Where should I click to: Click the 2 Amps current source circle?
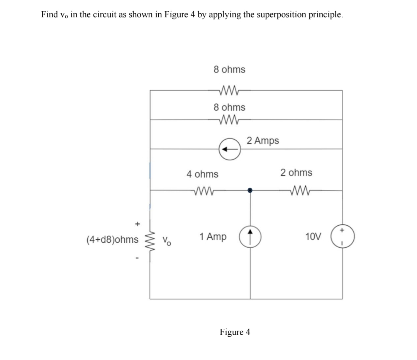[x=229, y=148]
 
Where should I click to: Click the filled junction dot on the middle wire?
[x=250, y=190]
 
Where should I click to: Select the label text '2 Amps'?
[x=263, y=140]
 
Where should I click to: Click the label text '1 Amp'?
[x=213, y=236]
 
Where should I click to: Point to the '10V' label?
[x=313, y=237]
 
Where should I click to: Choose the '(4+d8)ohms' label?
[x=112, y=240]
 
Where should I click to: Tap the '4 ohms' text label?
[x=202, y=174]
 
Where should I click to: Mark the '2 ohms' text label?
[x=296, y=172]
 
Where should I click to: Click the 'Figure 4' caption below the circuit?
[x=235, y=332]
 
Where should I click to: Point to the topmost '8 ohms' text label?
[x=229, y=69]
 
